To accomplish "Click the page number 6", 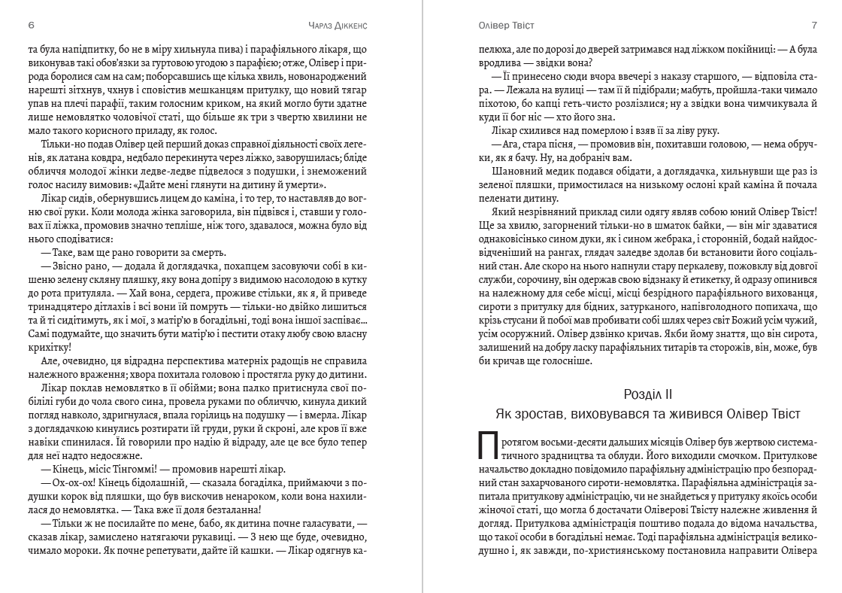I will point(30,25).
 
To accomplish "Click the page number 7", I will point(813,25).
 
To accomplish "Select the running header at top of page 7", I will point(506,25).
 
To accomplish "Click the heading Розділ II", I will point(647,394).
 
